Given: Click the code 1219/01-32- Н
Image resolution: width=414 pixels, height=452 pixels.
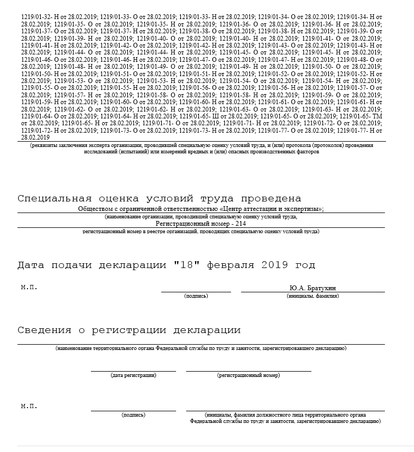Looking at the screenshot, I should [x=39, y=17].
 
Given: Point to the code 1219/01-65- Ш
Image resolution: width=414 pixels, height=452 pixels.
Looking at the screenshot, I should [x=197, y=116].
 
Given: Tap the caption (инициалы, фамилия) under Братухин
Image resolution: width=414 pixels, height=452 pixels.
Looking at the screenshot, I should [x=312, y=296].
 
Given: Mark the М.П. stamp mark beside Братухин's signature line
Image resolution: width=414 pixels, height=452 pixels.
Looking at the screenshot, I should [x=29, y=288].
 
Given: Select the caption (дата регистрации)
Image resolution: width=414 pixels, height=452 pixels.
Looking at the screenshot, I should [x=133, y=375].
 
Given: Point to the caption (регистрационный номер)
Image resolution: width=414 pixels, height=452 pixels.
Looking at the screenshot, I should [x=248, y=375].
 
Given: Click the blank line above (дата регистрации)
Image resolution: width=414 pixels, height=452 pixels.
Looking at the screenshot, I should [x=133, y=371].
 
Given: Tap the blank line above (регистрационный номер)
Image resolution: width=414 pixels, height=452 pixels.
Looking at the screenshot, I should [x=248, y=371].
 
